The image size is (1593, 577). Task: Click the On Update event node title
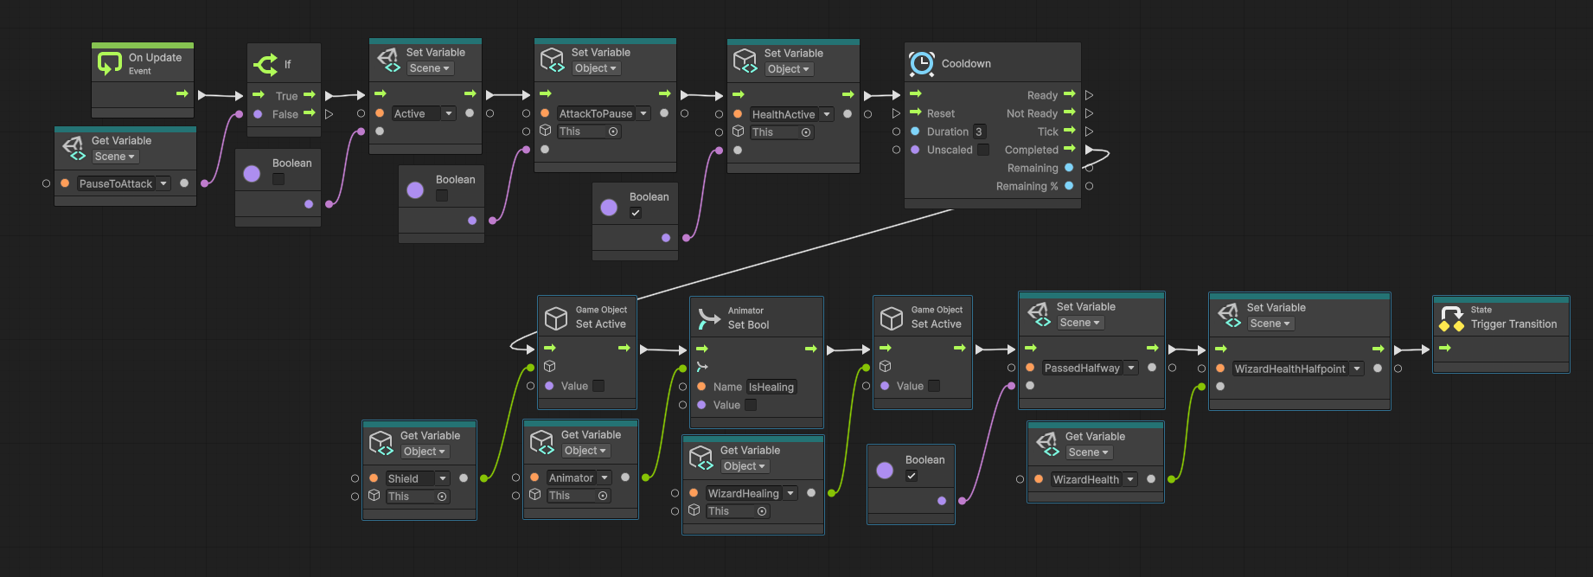click(x=155, y=58)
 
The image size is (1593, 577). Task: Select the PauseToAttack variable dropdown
click(x=124, y=183)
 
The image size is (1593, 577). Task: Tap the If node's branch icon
click(x=265, y=64)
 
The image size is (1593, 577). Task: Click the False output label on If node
click(x=285, y=114)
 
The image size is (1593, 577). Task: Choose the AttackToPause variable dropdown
click(x=604, y=113)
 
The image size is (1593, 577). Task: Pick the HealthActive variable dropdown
click(x=791, y=114)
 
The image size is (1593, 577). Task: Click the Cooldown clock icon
click(x=922, y=63)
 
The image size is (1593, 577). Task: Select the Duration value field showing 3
click(x=979, y=131)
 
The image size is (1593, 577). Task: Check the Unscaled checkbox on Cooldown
click(x=983, y=150)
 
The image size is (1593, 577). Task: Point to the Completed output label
click(x=1031, y=150)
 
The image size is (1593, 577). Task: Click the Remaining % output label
click(x=1027, y=186)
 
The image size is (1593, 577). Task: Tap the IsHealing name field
click(x=771, y=387)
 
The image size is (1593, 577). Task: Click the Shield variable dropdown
click(x=418, y=478)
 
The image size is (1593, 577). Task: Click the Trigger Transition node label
click(x=1513, y=324)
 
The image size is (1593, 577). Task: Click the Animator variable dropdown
click(x=579, y=478)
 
